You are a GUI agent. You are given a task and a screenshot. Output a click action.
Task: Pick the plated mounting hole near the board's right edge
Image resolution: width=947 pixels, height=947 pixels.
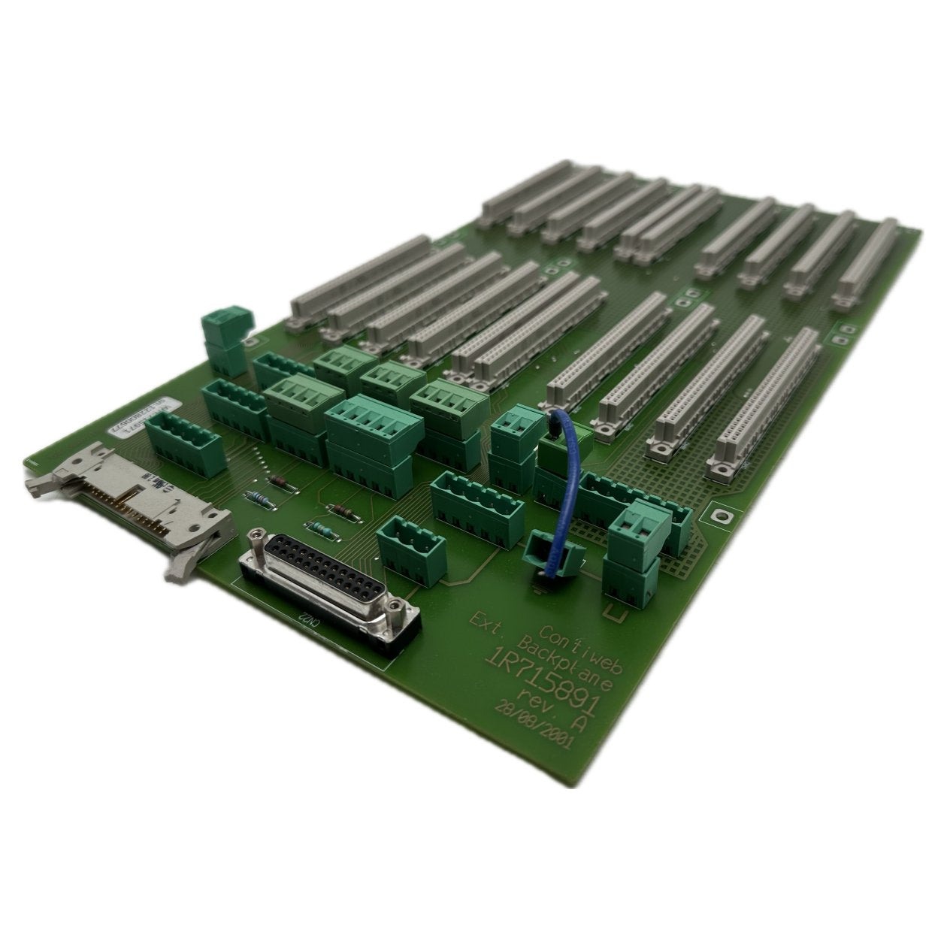point(722,516)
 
